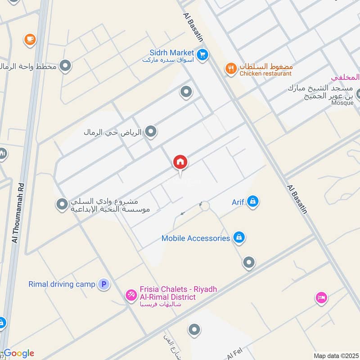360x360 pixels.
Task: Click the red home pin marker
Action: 180,162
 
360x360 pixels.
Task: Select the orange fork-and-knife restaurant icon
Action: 231,68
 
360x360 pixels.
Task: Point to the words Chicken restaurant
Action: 265,73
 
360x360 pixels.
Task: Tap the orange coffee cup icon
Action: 30,40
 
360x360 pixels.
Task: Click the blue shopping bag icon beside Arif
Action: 253,202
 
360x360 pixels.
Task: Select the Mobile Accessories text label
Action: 196,238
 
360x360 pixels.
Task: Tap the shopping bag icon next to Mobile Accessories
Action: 239,238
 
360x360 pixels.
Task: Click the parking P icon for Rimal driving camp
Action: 104,284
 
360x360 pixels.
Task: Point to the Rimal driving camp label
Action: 62,284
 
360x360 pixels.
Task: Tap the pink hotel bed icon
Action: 321,298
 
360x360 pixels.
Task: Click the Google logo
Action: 18,353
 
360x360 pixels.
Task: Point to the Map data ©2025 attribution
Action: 335,355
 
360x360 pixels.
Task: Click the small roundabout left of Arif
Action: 205,206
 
